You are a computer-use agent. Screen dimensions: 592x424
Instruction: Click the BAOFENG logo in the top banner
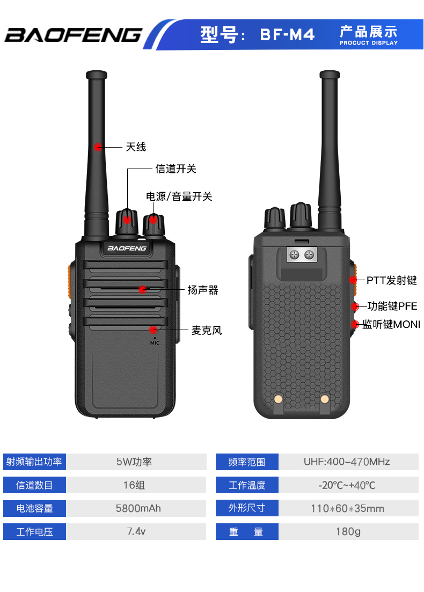pyautogui.click(x=73, y=35)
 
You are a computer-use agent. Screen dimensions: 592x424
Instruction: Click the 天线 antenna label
pyautogui.click(x=136, y=147)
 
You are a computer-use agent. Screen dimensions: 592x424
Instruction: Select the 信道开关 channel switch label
pyautogui.click(x=176, y=169)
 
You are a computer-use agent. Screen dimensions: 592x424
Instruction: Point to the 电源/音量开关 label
pyautogui.click(x=179, y=197)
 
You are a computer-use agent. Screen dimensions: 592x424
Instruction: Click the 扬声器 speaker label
pyautogui.click(x=203, y=290)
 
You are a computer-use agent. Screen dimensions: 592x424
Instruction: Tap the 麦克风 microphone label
pyautogui.click(x=207, y=331)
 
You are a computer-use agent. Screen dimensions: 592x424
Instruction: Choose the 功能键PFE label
pyautogui.click(x=392, y=307)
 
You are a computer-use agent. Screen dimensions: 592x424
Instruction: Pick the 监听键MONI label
pyautogui.click(x=391, y=325)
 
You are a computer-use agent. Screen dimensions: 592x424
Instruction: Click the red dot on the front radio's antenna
pyautogui.click(x=98, y=147)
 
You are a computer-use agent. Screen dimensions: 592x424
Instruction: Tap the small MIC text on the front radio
pyautogui.click(x=155, y=342)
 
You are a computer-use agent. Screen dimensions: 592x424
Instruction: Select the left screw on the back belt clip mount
pyautogui.click(x=294, y=255)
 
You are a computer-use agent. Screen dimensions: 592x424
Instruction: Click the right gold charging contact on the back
pyautogui.click(x=324, y=399)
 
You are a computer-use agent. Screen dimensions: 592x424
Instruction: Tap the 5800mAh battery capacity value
pyautogui.click(x=138, y=508)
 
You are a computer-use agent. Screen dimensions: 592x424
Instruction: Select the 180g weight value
pyautogui.click(x=347, y=532)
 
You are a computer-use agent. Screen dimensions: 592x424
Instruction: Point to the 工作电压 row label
pyautogui.click(x=34, y=532)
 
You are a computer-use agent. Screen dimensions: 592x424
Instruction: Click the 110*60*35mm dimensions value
pyautogui.click(x=347, y=508)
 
